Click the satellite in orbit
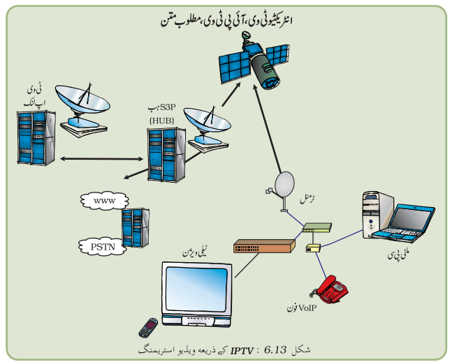tap(254, 61)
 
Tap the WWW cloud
tap(105, 201)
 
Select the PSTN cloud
tap(103, 247)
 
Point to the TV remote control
tap(148, 328)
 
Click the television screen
tap(196, 289)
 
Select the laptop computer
tap(403, 222)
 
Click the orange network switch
tap(264, 246)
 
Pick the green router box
tap(317, 227)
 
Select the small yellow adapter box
tap(313, 248)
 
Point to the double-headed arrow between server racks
tap(101, 159)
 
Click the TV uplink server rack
tap(36, 138)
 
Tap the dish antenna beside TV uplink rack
tap(82, 110)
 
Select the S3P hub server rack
tap(166, 155)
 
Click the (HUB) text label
tap(162, 121)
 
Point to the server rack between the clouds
tap(135, 228)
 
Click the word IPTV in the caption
tap(242, 351)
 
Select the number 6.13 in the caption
tap(275, 350)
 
